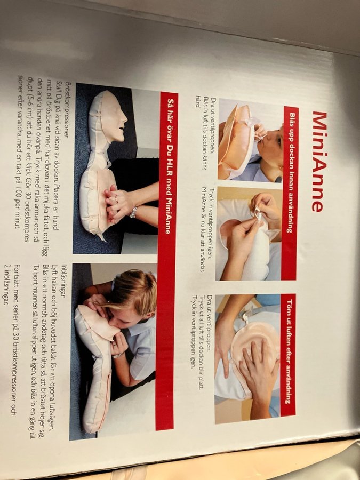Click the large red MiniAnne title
(x=319, y=162)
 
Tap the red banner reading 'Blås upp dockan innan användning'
(x=290, y=193)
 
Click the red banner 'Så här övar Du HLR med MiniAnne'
(x=167, y=260)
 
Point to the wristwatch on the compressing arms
(x=133, y=212)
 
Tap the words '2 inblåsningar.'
(x=7, y=284)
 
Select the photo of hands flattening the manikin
(x=247, y=359)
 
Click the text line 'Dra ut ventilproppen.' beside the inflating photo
(x=214, y=125)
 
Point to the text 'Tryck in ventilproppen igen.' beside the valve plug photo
(x=212, y=223)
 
